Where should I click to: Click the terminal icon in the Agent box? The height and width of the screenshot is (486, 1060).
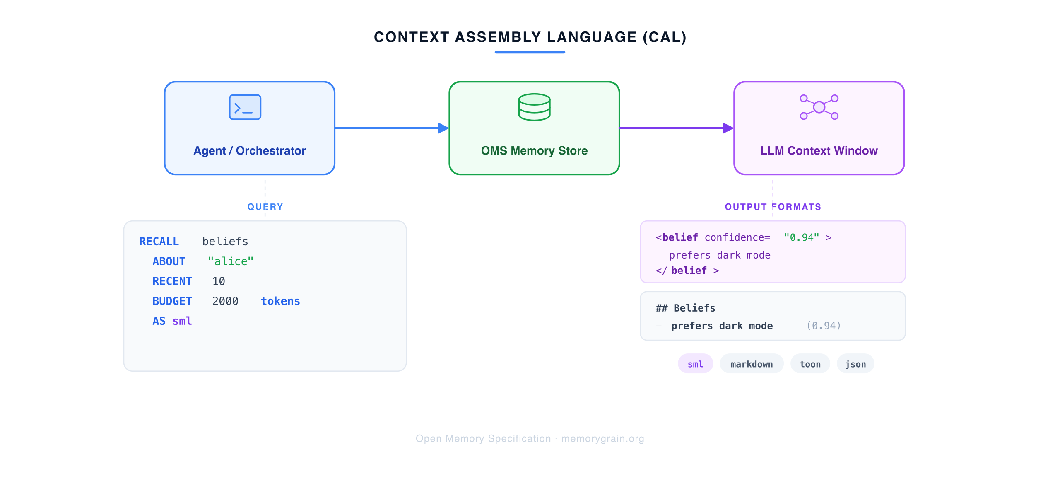[245, 107]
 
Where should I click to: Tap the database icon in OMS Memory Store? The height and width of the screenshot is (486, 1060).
[534, 107]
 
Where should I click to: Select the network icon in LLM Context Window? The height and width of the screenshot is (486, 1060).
[819, 107]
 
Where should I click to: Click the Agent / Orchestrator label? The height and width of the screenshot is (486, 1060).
[249, 151]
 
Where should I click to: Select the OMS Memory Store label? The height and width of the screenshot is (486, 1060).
[534, 151]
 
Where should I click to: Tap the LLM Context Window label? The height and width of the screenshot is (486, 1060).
[819, 151]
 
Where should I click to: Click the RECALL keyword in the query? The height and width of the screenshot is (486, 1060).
[159, 242]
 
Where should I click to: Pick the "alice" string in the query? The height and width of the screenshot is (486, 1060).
[230, 261]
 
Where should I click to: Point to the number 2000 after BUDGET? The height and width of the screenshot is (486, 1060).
[225, 301]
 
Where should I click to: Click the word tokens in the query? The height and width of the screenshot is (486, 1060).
[280, 301]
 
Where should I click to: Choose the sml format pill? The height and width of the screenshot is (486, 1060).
[695, 364]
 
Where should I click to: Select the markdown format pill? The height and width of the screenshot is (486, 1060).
[752, 364]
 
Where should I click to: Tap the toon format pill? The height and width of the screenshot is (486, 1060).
[810, 364]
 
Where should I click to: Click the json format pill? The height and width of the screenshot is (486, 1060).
[855, 364]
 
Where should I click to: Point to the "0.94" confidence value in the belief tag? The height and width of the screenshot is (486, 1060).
[801, 237]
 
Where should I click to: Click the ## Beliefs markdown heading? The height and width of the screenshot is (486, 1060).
[685, 308]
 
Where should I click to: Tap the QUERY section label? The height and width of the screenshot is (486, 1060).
[265, 207]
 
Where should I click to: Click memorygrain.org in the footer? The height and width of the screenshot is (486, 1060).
[602, 438]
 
